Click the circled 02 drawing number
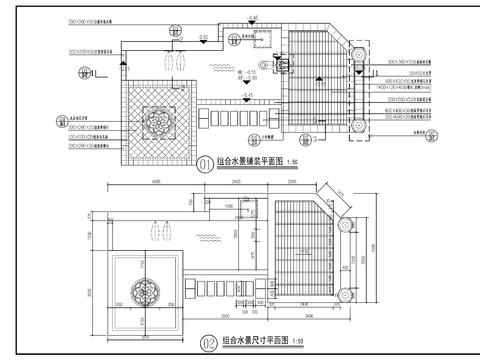tap(208, 341)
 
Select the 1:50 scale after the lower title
tap(294, 341)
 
